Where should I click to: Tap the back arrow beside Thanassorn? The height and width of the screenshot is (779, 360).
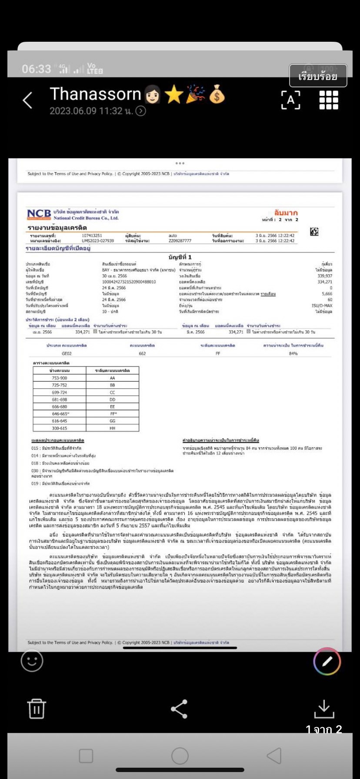click(27, 100)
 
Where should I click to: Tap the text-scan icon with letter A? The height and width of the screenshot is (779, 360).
click(290, 100)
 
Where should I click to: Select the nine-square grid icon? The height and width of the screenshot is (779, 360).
click(328, 100)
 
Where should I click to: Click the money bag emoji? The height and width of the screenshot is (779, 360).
click(217, 95)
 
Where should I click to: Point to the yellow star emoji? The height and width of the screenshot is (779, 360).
click(174, 95)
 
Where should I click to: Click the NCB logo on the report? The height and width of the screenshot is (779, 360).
click(39, 214)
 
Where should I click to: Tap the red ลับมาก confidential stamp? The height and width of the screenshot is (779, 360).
click(286, 213)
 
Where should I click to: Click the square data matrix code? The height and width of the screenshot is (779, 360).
click(314, 232)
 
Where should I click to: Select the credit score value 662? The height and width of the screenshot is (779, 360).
click(142, 353)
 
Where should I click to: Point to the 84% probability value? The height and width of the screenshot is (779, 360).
click(293, 353)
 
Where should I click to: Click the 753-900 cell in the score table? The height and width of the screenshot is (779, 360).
click(60, 378)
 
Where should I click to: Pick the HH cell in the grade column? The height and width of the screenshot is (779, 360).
click(113, 428)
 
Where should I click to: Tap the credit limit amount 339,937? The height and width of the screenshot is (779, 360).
click(325, 276)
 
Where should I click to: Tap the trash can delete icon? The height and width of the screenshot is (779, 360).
click(37, 709)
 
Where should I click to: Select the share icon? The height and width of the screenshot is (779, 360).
click(179, 709)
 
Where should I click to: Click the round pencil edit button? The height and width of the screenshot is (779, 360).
click(327, 661)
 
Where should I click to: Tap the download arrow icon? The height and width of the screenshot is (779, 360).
click(324, 709)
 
